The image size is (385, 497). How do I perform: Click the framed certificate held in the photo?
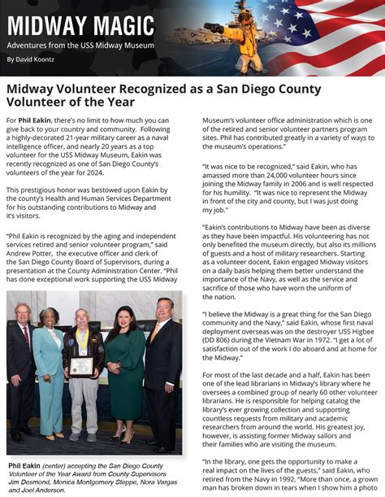82,367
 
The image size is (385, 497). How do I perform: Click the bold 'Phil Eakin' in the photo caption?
24,466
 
